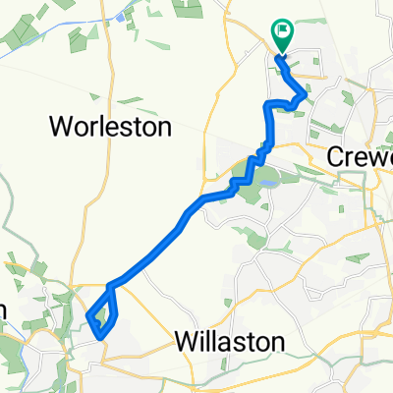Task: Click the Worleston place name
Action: click(111, 127)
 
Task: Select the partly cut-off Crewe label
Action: click(360, 158)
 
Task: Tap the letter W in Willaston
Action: click(184, 341)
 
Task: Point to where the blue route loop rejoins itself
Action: click(110, 287)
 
